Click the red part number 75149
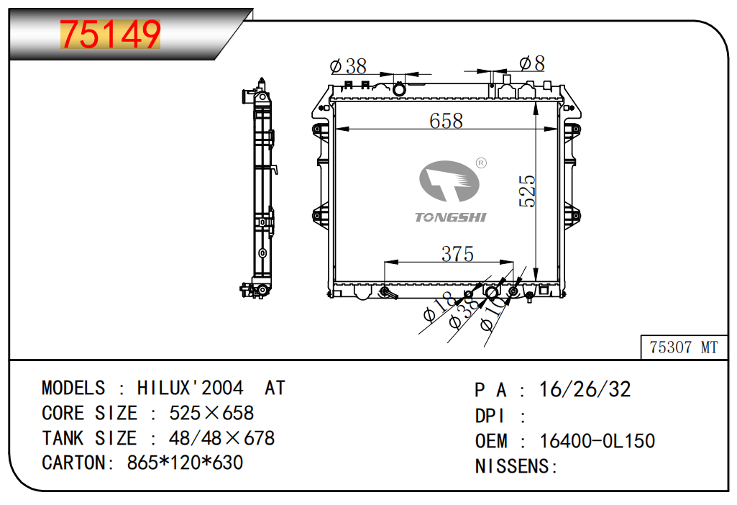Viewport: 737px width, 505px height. [x=111, y=35]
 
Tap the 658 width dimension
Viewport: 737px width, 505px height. [x=446, y=121]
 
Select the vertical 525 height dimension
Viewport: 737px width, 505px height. [x=527, y=191]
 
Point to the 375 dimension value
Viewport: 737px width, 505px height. [x=457, y=255]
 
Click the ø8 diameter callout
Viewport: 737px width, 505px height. [x=532, y=63]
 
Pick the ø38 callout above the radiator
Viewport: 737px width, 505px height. [x=348, y=66]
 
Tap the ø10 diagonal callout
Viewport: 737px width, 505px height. [x=494, y=316]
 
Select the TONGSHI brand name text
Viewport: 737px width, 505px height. [x=450, y=217]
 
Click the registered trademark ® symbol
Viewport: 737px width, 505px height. [x=481, y=163]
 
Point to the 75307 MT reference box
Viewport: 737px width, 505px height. [x=684, y=347]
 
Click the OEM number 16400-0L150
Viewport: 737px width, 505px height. [x=597, y=441]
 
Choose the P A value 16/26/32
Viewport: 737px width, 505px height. [x=585, y=389]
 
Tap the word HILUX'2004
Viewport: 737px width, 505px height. [x=191, y=388]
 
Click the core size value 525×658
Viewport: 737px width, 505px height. [x=211, y=413]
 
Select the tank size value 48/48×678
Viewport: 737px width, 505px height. [x=221, y=438]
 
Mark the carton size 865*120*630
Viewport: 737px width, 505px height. [x=185, y=463]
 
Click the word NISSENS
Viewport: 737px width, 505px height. [x=512, y=466]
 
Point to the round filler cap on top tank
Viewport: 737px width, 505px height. [x=399, y=89]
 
